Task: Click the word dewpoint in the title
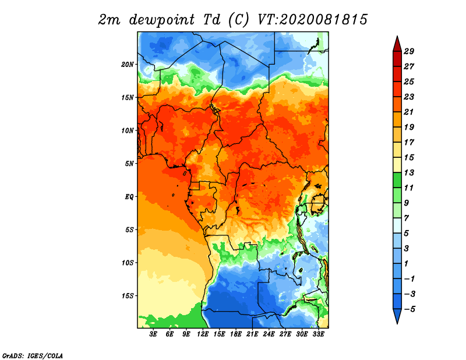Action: tap(162, 20)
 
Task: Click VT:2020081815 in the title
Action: tap(312, 20)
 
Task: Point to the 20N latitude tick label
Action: tap(128, 65)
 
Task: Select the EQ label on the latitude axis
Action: tap(129, 197)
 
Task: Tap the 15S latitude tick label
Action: tap(128, 296)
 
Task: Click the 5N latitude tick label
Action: tap(129, 164)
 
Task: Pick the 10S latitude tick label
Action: tap(128, 263)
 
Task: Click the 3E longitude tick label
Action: tap(153, 334)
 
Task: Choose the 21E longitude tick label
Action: tap(252, 334)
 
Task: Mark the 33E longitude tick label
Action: tap(318, 334)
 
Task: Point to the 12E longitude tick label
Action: tap(203, 334)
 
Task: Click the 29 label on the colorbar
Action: tap(409, 51)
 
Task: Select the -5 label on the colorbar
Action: tap(409, 309)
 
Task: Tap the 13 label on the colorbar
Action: tap(409, 172)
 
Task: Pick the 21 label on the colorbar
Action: tap(409, 112)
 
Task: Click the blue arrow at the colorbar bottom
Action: tap(397, 316)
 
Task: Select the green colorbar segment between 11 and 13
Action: tap(397, 180)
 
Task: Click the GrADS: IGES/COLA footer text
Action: tap(33, 356)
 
